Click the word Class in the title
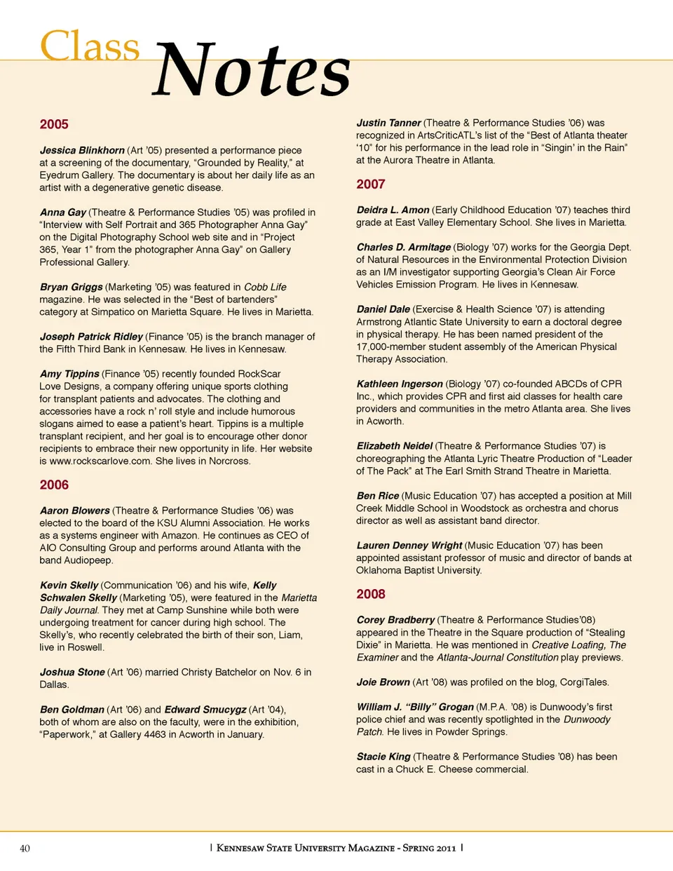[x=90, y=46]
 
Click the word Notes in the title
[x=251, y=70]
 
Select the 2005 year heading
[x=54, y=124]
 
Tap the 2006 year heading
[x=54, y=485]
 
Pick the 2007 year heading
[x=371, y=184]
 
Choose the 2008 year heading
[x=371, y=594]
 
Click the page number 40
[x=25, y=849]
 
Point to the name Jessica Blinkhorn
[x=82, y=150]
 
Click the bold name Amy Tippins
[x=69, y=374]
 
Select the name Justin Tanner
[x=388, y=123]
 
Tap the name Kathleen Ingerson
[x=400, y=384]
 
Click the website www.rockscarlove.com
[x=100, y=461]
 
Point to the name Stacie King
[x=383, y=757]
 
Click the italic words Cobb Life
[x=265, y=287]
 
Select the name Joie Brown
[x=383, y=682]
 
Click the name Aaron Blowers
[x=75, y=511]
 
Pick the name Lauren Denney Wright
[x=409, y=545]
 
